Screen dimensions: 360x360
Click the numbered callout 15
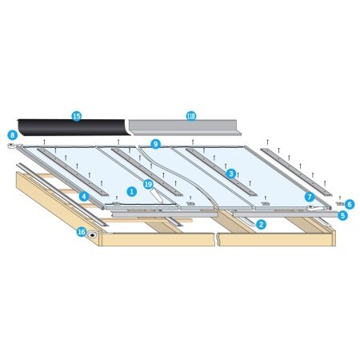click(x=77, y=116)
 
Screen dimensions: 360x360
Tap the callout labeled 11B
click(x=191, y=116)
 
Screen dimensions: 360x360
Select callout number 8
click(x=12, y=135)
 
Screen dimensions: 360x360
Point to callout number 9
click(x=155, y=144)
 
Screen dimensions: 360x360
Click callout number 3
click(x=231, y=174)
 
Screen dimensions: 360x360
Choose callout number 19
click(x=148, y=184)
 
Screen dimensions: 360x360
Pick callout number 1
click(x=131, y=191)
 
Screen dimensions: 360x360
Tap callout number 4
click(x=84, y=197)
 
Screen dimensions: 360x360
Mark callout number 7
click(x=310, y=197)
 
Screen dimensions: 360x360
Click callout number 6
click(x=350, y=205)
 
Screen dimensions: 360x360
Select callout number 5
click(x=342, y=215)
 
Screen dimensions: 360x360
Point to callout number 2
click(x=261, y=224)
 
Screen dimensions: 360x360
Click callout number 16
click(x=82, y=232)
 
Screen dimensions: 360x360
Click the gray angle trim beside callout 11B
click(x=184, y=128)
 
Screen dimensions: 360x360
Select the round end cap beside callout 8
click(x=12, y=146)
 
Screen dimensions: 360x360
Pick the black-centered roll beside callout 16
click(x=92, y=235)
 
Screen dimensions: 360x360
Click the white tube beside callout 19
click(x=158, y=196)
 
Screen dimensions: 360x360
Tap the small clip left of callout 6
click(x=340, y=203)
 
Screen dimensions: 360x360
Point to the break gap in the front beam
click(x=217, y=239)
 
